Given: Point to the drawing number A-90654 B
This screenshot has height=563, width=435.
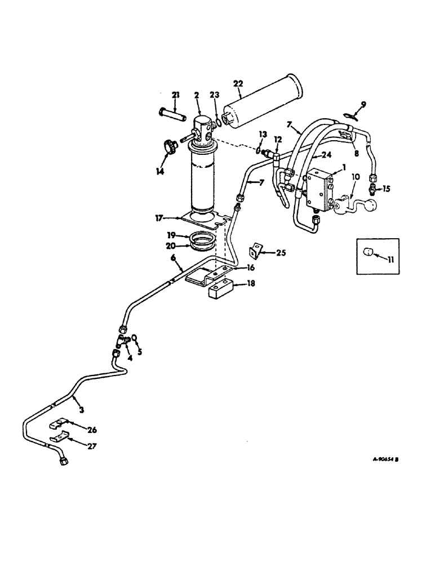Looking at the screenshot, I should [385, 459].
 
